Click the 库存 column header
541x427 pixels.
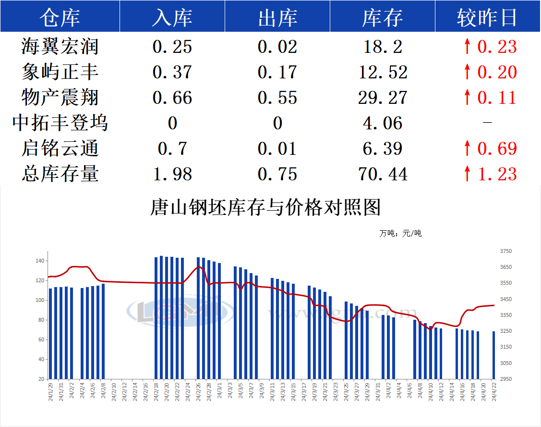point(383,17)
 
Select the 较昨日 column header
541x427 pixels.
point(487,17)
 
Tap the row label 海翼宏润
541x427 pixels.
point(60,47)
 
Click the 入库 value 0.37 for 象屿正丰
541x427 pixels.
point(172,72)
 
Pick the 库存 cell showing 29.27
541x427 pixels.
point(383,98)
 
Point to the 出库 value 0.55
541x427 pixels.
point(277,98)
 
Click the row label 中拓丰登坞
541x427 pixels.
point(60,123)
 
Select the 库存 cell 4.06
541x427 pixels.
point(383,123)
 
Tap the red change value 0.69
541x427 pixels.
point(497,149)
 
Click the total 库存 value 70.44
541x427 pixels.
point(383,174)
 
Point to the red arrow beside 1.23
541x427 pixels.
point(467,174)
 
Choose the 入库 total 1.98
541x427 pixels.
point(172,174)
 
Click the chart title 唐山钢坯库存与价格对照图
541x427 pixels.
point(265,207)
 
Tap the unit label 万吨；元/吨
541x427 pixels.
point(400,234)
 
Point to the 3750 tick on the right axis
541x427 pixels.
point(506,251)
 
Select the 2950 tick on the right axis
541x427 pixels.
point(506,379)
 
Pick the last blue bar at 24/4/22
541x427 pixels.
point(493,355)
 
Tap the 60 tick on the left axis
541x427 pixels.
point(41,339)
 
